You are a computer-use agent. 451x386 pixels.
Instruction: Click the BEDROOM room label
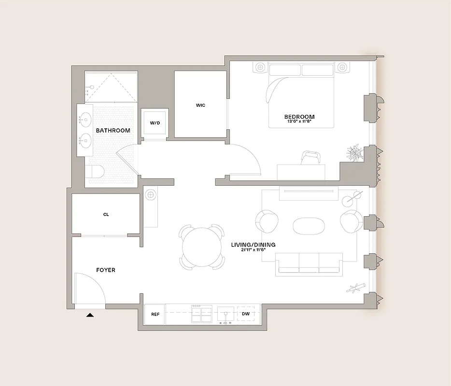299,117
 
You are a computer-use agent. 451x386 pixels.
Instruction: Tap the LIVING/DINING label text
254,245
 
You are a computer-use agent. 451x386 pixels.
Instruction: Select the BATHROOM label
113,131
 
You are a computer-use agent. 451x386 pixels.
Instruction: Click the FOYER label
106,270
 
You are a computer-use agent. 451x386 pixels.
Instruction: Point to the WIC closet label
200,105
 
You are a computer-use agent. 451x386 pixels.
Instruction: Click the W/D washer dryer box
155,124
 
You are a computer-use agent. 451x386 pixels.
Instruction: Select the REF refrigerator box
155,314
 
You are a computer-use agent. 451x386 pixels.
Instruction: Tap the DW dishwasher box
246,314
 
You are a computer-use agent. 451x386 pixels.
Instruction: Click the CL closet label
106,214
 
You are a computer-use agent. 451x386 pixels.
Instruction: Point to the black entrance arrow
89,315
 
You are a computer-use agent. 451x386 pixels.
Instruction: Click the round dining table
203,247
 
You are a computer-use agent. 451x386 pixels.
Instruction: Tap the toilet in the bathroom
95,172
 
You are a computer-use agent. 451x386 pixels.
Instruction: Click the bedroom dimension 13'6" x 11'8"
299,122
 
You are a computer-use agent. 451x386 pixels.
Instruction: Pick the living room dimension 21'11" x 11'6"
254,250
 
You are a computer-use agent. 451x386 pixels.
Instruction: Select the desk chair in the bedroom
310,157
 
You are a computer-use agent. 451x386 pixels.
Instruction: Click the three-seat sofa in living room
309,265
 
